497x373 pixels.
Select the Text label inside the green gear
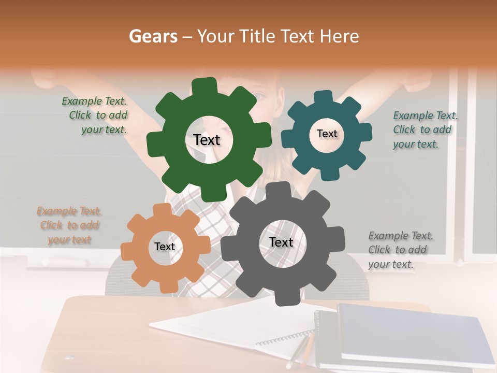click(x=207, y=140)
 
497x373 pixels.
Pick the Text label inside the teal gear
click(x=327, y=134)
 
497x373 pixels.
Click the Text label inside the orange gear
click(x=165, y=247)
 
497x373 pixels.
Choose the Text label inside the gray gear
click(x=281, y=242)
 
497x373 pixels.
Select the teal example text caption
click(x=425, y=130)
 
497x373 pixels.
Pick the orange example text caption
click(x=69, y=225)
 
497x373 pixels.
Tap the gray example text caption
click(x=400, y=250)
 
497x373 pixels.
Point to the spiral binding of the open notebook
click(x=285, y=339)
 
